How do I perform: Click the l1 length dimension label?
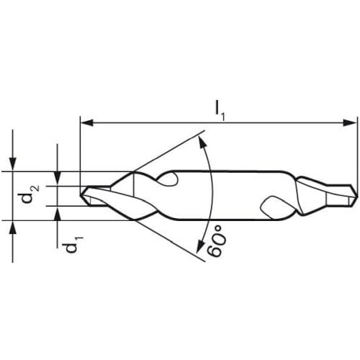(220, 111)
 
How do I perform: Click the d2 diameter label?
(30, 194)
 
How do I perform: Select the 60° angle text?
(217, 244)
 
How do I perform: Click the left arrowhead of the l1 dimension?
(86, 122)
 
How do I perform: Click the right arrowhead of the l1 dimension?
(349, 122)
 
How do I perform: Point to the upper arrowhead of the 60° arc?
(202, 142)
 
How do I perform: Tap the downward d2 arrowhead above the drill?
(12, 164)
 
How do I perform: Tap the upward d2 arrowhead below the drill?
(12, 227)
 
